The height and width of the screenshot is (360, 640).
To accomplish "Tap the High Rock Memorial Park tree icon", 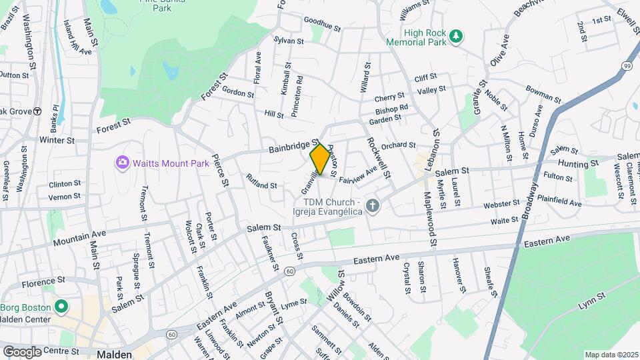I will coord(456,37).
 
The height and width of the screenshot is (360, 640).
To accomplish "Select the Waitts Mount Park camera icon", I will coord(121,163).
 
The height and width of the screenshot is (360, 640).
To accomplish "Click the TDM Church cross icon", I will coord(373,207).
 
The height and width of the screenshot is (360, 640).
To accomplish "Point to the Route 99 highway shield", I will coord(627,65).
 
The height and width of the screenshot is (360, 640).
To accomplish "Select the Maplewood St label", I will coord(430,217).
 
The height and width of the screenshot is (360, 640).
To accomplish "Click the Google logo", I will coord(22,351).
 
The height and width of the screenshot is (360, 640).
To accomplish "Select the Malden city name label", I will coord(113,355).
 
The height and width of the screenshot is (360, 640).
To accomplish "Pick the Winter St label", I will coord(56,141).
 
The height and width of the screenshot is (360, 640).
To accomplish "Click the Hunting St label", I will coord(578,163).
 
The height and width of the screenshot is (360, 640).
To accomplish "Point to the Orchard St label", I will coord(399,145).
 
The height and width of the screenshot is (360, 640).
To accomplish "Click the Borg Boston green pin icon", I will coord(61,307).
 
